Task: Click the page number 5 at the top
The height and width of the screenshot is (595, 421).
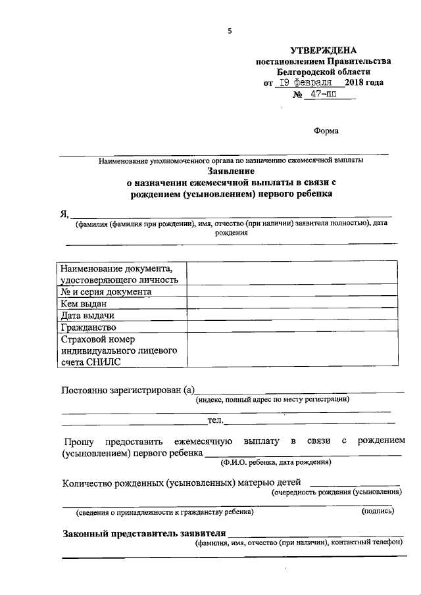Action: pyautogui.click(x=230, y=31)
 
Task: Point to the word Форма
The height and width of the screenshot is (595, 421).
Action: pyautogui.click(x=326, y=130)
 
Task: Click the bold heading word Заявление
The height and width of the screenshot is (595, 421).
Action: pyautogui.click(x=230, y=170)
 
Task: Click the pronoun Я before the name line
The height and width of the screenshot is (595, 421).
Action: pyautogui.click(x=64, y=213)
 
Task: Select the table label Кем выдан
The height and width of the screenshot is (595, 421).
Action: pyautogui.click(x=84, y=304)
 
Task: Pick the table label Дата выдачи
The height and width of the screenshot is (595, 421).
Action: pyautogui.click(x=87, y=316)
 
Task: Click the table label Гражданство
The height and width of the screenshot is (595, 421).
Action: pyautogui.click(x=88, y=327)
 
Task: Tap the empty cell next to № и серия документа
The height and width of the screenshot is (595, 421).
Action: pyautogui.click(x=292, y=291)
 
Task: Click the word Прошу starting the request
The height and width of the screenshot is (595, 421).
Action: pyautogui.click(x=80, y=440)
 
